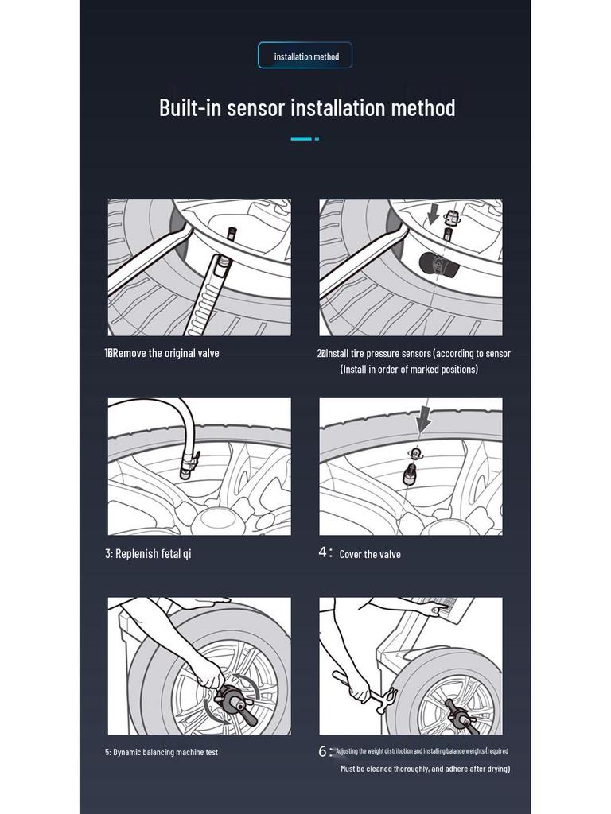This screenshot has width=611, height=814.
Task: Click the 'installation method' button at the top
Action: point(305,56)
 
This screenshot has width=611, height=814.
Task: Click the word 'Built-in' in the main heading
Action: point(191,107)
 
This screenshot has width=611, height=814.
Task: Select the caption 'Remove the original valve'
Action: point(165,353)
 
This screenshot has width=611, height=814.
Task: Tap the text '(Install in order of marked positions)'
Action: point(409,370)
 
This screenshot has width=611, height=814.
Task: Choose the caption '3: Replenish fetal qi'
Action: point(148,553)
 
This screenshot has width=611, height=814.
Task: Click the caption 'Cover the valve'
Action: point(370,554)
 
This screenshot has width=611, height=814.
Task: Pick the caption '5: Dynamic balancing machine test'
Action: point(162,752)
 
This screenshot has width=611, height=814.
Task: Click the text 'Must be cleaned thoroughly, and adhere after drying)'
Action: point(425,769)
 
